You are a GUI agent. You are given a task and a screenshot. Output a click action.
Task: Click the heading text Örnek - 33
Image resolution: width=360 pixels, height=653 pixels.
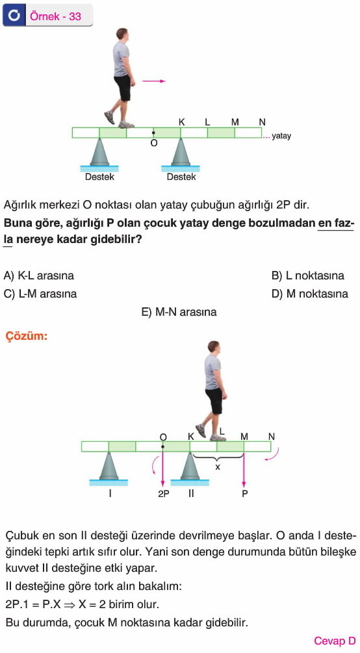(55, 16)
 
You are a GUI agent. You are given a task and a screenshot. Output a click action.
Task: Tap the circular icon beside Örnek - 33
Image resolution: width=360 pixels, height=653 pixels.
(14, 16)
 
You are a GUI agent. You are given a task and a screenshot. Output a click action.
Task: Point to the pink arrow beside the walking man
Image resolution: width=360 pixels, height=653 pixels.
(154, 81)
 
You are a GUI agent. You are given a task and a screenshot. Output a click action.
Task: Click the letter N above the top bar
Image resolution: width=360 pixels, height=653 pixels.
(262, 122)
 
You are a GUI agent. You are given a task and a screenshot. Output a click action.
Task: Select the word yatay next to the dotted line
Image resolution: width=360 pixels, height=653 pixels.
(281, 136)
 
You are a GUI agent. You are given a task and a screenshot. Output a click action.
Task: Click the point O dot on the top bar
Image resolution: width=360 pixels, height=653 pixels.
(154, 133)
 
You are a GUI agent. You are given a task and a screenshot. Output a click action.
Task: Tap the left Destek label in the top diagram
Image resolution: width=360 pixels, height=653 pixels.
(99, 177)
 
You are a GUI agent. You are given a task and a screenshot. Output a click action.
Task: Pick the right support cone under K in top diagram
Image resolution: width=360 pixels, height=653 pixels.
(181, 153)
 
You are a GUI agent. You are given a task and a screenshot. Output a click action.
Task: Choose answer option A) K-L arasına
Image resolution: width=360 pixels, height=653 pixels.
(39, 275)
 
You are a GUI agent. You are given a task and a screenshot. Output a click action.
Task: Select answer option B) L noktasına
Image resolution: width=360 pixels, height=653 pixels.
(308, 275)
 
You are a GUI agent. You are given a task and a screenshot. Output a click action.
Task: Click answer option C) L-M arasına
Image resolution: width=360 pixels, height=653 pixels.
(40, 294)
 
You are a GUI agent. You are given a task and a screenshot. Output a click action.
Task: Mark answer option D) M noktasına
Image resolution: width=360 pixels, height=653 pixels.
(309, 294)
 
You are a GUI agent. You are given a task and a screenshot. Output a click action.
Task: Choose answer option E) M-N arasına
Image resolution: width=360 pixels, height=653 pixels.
(179, 312)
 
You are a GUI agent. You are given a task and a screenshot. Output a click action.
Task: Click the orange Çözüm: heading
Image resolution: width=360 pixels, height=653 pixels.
(27, 336)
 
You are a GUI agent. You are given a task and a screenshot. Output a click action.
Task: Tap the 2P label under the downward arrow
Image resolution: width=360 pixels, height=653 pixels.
(163, 494)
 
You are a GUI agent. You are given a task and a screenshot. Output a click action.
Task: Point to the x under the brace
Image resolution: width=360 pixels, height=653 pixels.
(217, 467)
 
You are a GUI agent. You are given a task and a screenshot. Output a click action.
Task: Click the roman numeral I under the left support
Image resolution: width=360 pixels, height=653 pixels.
(110, 494)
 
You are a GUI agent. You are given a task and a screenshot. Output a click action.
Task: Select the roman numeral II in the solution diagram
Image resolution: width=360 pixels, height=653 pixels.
(191, 494)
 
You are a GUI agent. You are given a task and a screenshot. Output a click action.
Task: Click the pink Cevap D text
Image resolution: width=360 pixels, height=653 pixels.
(335, 641)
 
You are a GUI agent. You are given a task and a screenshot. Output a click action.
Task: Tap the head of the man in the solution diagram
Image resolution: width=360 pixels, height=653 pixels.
(213, 347)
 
